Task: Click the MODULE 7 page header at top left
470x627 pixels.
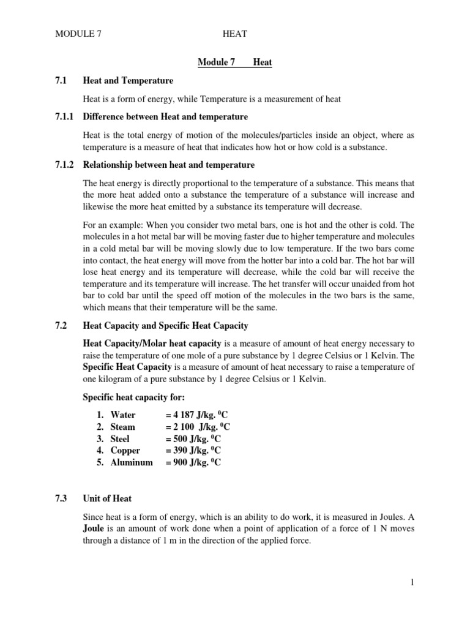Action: [x=78, y=34]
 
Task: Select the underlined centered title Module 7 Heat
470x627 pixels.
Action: [x=235, y=62]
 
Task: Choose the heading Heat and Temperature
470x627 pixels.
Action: [x=128, y=80]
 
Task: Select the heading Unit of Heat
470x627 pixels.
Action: [x=107, y=498]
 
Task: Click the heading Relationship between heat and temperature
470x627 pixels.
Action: [x=168, y=165]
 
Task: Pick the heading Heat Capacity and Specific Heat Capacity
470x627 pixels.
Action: [x=165, y=325]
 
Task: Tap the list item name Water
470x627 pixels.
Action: [x=123, y=415]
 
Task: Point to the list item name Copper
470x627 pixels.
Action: [x=125, y=451]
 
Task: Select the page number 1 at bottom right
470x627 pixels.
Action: [x=412, y=582]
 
